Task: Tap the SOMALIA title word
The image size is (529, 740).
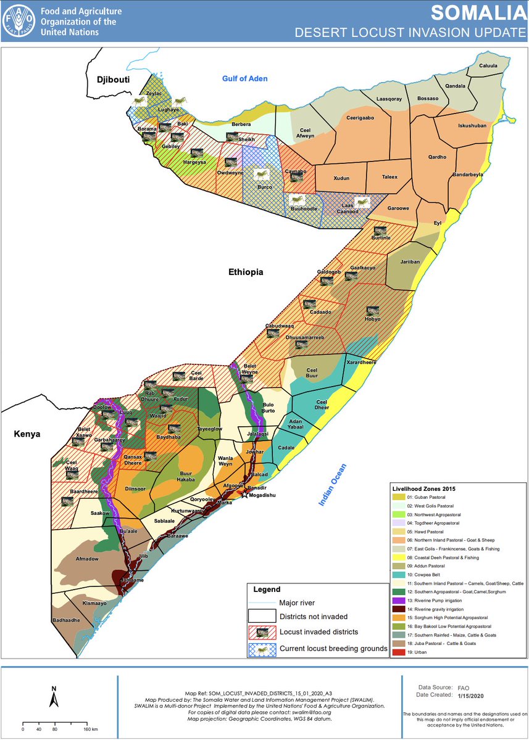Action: (475, 13)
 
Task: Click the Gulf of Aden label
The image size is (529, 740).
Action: (247, 78)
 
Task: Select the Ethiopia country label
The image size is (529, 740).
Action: (246, 272)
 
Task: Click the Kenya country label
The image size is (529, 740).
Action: (27, 434)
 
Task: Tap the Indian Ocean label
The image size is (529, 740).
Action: (333, 485)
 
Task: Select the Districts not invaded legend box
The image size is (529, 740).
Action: (262, 615)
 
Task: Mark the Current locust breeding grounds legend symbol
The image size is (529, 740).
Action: (262, 648)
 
